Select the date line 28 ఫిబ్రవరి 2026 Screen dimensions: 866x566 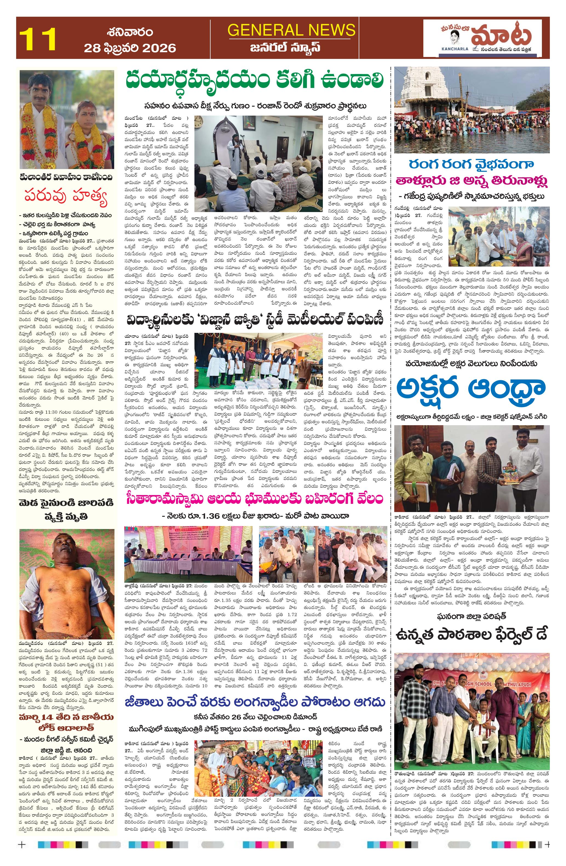[x=130, y=48]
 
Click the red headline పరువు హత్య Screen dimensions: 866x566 [x=66, y=196]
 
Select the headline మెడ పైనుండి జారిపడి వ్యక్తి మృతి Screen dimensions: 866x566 [x=66, y=509]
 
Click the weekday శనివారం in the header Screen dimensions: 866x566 [x=130, y=32]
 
